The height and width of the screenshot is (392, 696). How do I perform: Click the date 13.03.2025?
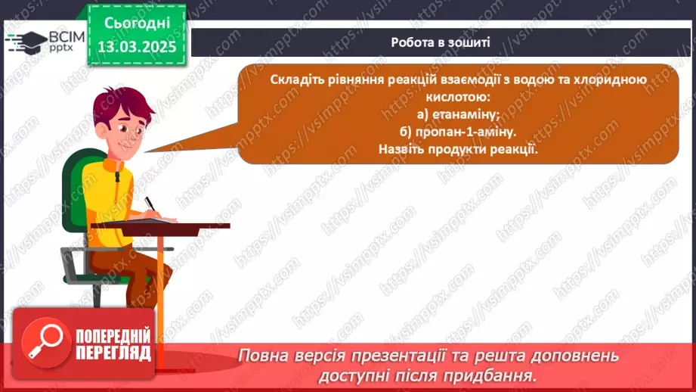tap(136, 47)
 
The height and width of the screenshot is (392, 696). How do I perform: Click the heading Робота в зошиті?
tap(441, 42)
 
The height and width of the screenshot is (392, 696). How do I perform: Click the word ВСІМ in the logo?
tap(63, 36)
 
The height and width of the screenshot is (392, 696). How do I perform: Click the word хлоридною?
tap(611, 80)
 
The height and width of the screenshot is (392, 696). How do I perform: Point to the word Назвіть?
tap(402, 148)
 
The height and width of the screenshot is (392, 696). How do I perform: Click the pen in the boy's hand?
tap(150, 204)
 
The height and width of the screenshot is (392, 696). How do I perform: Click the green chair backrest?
tap(73, 189)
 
